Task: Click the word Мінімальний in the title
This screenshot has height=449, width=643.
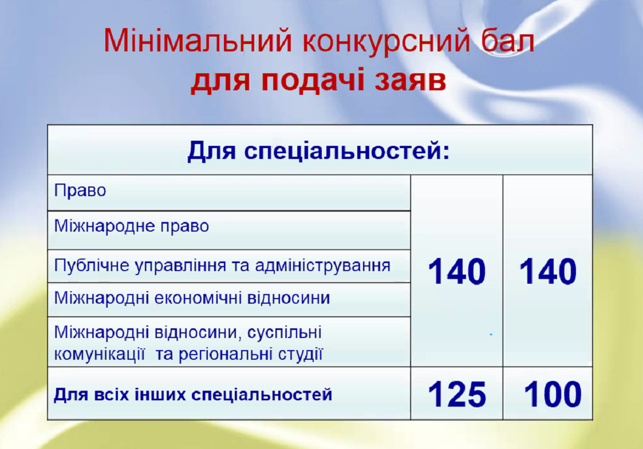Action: click(x=198, y=41)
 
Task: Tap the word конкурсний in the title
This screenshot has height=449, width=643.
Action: click(x=386, y=42)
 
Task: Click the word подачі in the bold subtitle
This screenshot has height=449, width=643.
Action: click(x=313, y=80)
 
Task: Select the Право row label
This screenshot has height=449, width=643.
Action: click(x=80, y=191)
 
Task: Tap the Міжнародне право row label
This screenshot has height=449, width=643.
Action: click(x=131, y=226)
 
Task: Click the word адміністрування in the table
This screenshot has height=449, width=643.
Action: click(x=322, y=266)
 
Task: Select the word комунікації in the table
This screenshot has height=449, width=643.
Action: click(x=100, y=354)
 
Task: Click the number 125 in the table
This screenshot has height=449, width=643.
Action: click(x=457, y=395)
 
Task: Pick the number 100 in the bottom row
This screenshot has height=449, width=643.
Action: click(x=553, y=394)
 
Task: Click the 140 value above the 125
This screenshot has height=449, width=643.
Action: click(x=457, y=271)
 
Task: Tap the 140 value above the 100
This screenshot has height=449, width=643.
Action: click(x=548, y=271)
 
